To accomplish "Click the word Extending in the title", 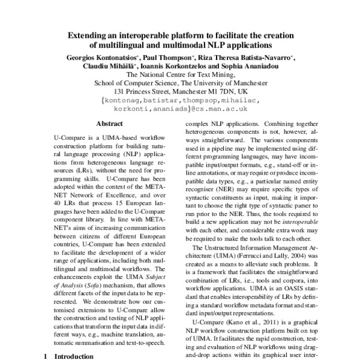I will (88, 34).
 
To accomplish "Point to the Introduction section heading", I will (73, 356).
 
